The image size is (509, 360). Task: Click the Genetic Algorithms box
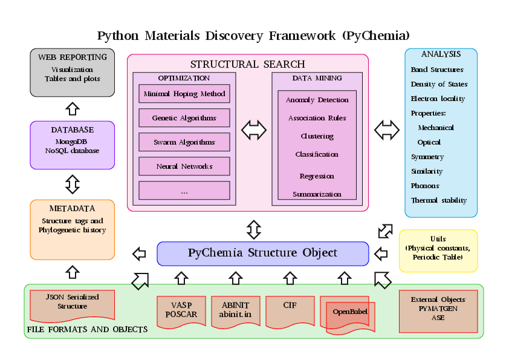click(x=184, y=118)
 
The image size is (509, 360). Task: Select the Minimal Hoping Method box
click(x=184, y=94)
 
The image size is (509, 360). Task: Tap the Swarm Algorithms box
click(x=184, y=142)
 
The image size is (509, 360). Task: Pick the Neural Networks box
click(x=184, y=166)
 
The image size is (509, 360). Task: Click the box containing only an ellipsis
click(x=184, y=191)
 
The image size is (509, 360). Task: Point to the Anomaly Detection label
click(x=317, y=100)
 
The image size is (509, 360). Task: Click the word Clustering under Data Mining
click(x=317, y=136)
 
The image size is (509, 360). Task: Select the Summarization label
click(x=317, y=194)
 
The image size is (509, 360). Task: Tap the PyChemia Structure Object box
click(x=262, y=253)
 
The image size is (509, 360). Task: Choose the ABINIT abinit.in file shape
click(x=236, y=309)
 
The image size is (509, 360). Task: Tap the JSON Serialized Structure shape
click(x=73, y=302)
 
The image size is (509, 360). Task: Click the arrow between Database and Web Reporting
click(x=73, y=109)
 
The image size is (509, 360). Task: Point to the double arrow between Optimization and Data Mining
click(x=254, y=129)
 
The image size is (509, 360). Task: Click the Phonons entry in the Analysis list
click(x=425, y=186)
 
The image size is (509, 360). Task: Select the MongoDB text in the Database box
click(x=72, y=142)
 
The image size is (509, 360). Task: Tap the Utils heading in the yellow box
click(x=438, y=239)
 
